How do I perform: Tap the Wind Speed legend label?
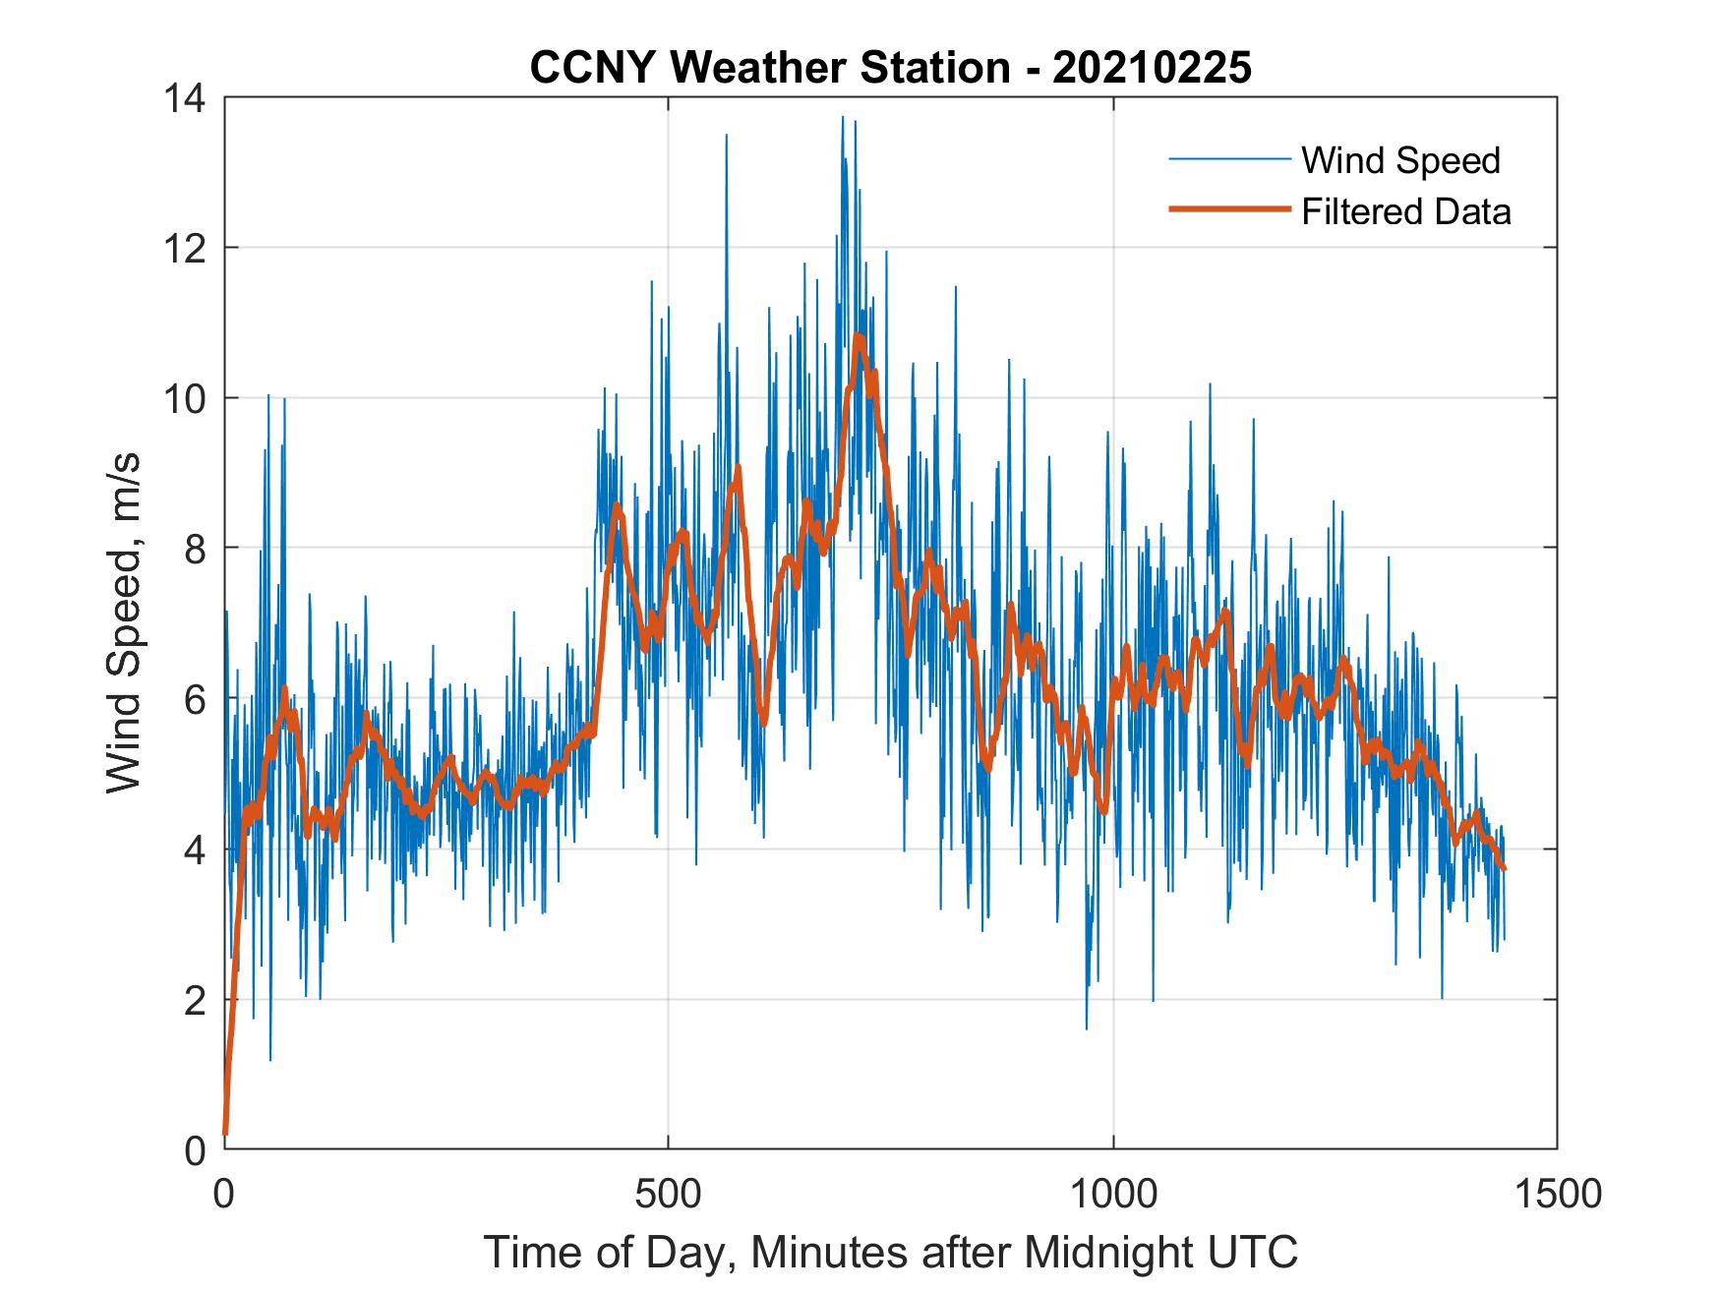tap(1400, 160)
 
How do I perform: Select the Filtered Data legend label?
tap(1405, 211)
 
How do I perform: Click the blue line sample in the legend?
tap(1228, 158)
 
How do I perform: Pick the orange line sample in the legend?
tap(1228, 209)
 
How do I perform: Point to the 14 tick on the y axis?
tap(185, 98)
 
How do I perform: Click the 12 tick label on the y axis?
tap(185, 248)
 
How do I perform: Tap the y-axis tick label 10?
tap(185, 398)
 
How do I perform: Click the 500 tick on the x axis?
tap(668, 1193)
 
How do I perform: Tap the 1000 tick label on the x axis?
tap(1112, 1193)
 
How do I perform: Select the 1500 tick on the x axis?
tap(1557, 1193)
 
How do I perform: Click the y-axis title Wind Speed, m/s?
tap(125, 622)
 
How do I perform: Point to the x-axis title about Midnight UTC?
tap(890, 1253)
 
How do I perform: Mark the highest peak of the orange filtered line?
tap(858, 337)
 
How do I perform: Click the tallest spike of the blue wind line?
tap(842, 117)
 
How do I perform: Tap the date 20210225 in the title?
tap(1153, 68)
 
